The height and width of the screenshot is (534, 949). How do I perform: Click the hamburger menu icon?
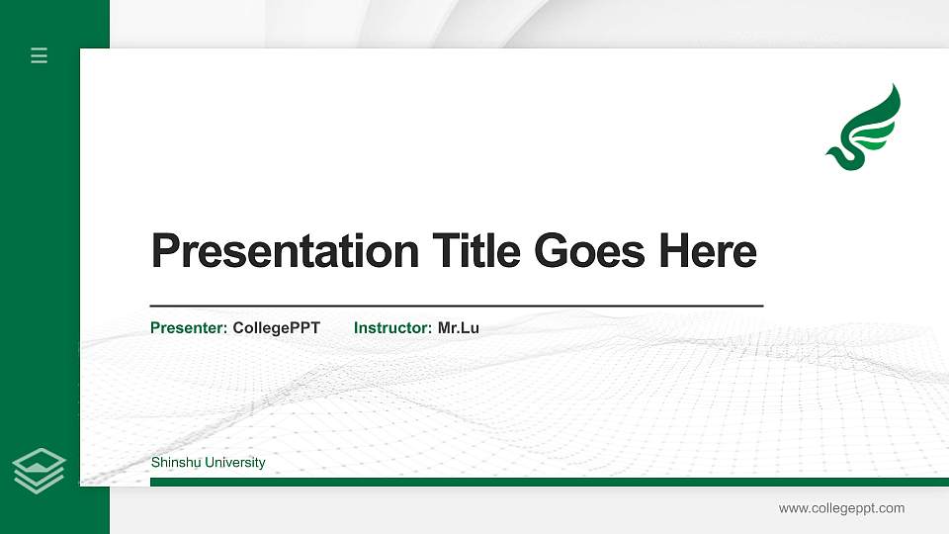tap(40, 56)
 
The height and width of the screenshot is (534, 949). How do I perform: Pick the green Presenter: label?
tap(189, 328)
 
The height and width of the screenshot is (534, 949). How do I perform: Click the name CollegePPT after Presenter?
tap(277, 328)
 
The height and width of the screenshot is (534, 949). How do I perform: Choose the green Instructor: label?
tap(392, 328)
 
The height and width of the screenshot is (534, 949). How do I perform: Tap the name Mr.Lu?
tap(459, 328)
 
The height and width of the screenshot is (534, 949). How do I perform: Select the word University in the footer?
tap(233, 463)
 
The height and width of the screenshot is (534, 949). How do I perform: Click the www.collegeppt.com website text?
tap(841, 508)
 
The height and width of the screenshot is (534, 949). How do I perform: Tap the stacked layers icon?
tap(39, 470)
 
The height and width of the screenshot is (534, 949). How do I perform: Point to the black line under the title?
tap(456, 307)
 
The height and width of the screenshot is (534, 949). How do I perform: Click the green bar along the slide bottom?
tap(549, 483)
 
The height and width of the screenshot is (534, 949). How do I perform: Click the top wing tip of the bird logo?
tap(895, 87)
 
